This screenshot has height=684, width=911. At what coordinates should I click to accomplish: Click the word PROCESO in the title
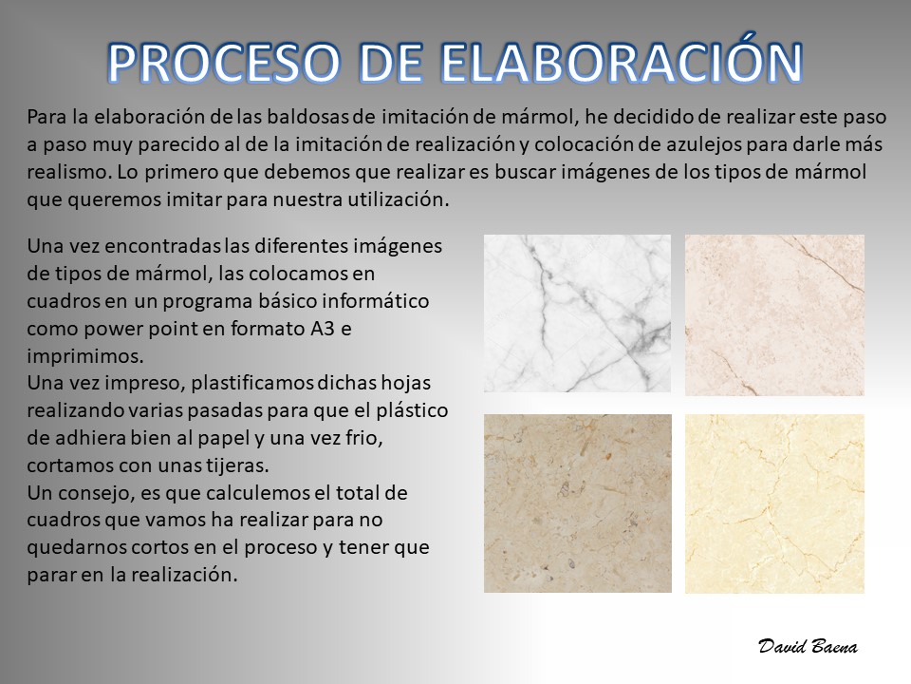click(224, 63)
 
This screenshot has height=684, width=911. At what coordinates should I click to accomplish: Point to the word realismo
click(68, 172)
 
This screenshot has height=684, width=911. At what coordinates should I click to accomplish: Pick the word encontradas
click(163, 246)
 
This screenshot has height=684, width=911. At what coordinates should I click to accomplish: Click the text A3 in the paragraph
click(323, 329)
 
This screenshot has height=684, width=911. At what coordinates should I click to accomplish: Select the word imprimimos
click(84, 356)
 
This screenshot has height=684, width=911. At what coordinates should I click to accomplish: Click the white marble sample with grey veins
click(577, 313)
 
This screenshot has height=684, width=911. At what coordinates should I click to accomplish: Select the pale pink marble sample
click(774, 315)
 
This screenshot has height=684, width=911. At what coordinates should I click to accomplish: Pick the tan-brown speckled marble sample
click(578, 503)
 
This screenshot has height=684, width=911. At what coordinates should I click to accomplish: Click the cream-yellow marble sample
click(774, 503)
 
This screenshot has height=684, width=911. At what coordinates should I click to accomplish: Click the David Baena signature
click(808, 646)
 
